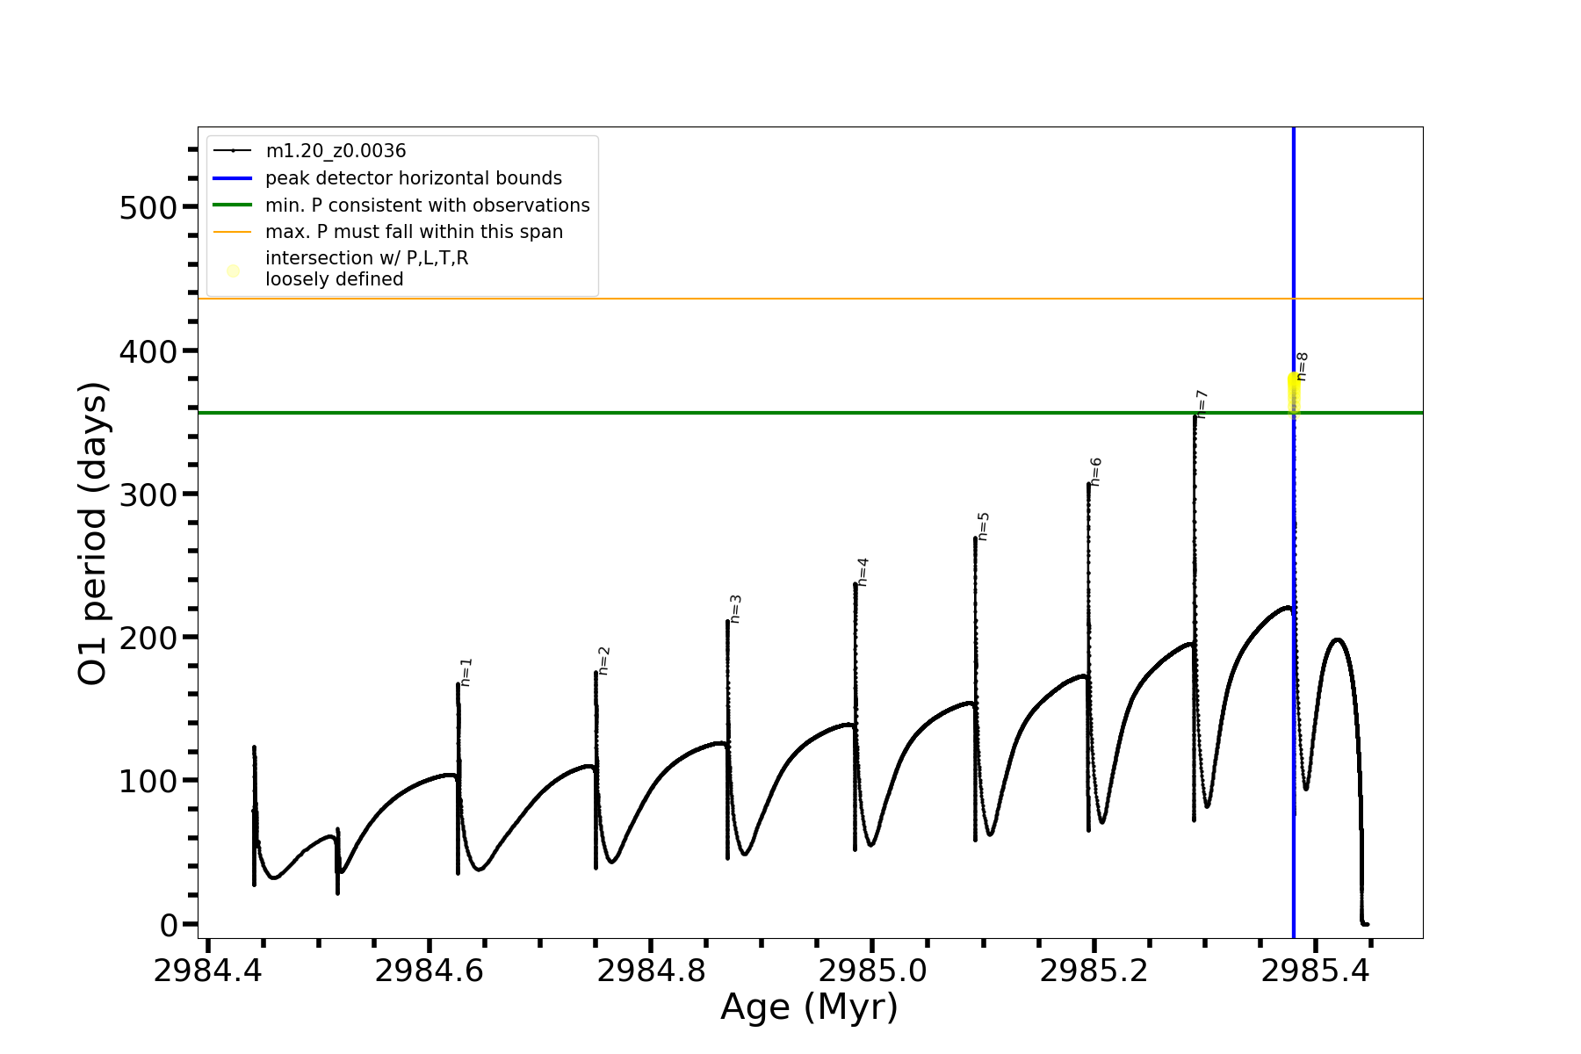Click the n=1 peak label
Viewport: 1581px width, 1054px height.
(x=466, y=672)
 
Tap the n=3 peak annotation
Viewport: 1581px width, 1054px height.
(x=736, y=609)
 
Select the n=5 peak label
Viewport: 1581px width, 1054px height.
(x=984, y=526)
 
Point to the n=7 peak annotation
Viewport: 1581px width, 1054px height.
(x=1202, y=404)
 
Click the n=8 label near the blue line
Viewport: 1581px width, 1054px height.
(x=1303, y=366)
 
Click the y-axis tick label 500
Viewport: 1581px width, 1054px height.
(x=148, y=207)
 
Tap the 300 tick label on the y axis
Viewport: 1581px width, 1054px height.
(x=148, y=495)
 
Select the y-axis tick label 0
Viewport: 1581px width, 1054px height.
(x=169, y=925)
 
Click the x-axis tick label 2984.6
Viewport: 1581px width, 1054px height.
(x=429, y=971)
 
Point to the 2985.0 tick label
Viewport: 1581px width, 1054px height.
(x=872, y=971)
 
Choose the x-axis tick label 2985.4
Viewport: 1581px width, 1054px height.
(x=1315, y=971)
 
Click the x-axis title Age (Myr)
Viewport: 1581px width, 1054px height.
(x=809, y=1007)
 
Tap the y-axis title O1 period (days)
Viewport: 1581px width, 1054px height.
(x=93, y=533)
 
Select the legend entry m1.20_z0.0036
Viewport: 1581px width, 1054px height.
(x=336, y=151)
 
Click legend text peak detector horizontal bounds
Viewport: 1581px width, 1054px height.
(x=413, y=178)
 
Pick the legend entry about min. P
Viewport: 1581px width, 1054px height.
(x=427, y=206)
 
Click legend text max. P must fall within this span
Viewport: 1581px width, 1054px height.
(x=414, y=232)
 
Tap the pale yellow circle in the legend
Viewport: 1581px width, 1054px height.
(x=233, y=271)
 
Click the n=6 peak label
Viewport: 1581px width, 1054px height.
(x=1096, y=472)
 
